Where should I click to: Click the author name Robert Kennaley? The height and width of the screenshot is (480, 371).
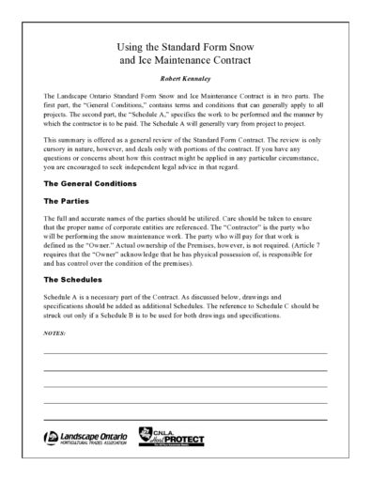(x=184, y=80)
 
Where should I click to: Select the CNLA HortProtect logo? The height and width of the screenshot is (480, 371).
(x=173, y=439)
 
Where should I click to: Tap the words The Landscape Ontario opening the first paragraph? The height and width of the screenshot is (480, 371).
(x=75, y=98)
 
